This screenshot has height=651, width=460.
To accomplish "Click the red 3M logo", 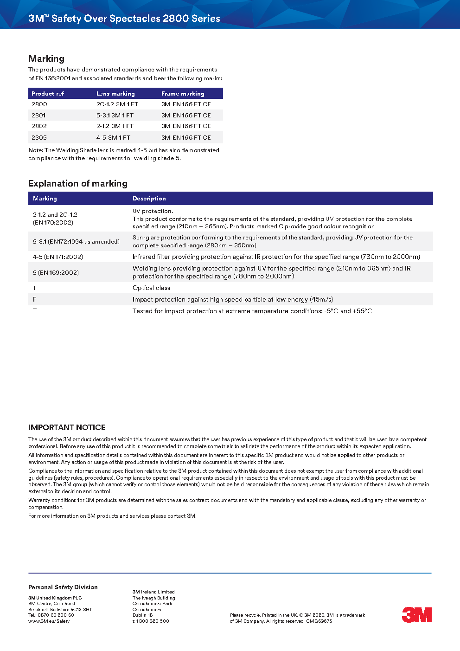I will pos(416,614).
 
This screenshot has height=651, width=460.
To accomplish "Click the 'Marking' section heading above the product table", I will pos(46,59).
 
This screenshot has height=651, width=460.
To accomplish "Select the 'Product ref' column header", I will pos(48,94).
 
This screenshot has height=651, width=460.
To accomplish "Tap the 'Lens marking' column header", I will pos(115,94).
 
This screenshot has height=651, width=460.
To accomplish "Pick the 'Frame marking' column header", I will pos(183,94).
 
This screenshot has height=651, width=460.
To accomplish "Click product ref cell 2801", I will pos(38,116).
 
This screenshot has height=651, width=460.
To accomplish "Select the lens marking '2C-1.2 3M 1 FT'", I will pos(117,104).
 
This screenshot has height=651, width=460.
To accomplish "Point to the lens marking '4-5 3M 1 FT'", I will pos(113,138).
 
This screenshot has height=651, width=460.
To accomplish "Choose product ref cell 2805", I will pos(39,138).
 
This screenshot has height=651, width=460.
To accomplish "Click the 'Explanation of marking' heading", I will pos(78,184).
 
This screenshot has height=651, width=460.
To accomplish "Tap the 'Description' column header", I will pos(149,199).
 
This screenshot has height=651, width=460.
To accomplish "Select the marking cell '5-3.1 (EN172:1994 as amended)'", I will pos(76,242).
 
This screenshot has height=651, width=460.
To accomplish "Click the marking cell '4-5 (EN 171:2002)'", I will pos(58,257).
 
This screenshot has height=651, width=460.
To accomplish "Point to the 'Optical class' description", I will pos(151,288).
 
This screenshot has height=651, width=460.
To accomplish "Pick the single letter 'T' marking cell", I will pos(35,311).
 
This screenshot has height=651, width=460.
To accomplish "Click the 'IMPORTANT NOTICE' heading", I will pos(67,427).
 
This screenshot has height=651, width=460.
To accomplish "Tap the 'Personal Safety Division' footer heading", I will pos(63,587).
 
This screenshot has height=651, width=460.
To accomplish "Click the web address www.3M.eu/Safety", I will pos(49,621).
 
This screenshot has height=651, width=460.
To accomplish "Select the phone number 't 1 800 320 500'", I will pos(151,621).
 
